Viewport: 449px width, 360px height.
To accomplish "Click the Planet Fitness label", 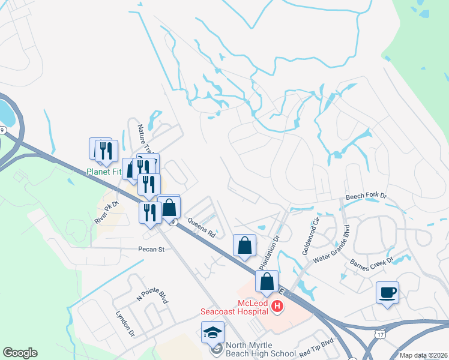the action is (x=104, y=172).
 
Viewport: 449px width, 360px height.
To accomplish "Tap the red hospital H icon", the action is (x=277, y=307).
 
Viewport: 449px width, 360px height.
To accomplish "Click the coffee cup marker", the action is (x=387, y=293).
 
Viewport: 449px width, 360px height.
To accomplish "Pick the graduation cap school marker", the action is (x=212, y=333).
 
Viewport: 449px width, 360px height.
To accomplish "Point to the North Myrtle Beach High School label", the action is (x=261, y=350).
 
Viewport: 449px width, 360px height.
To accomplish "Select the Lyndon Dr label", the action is (x=124, y=324).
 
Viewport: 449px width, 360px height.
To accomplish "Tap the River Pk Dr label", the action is (x=107, y=212).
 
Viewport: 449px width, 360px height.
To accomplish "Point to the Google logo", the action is (x=20, y=353).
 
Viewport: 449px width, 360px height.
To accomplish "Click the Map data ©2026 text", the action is (x=423, y=355).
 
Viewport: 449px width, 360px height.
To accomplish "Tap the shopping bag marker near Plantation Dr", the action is (x=244, y=245).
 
